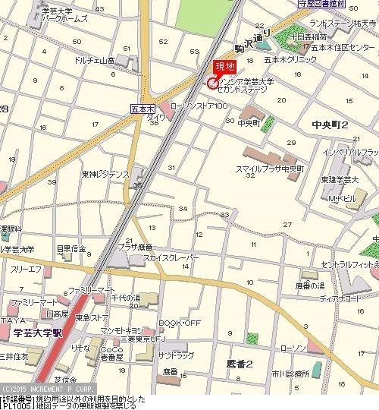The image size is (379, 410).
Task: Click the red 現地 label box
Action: coord(225,67)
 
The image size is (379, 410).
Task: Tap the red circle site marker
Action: coord(211,83)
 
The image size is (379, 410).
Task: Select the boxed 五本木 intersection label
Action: coord(142,109)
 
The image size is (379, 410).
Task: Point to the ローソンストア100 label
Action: coord(199,106)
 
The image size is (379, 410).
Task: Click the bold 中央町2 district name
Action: coord(329,124)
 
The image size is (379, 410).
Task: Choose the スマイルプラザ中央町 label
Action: coord(269,168)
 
